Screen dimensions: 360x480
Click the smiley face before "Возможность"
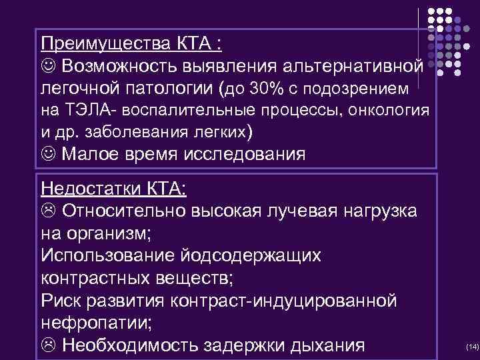tap(49, 67)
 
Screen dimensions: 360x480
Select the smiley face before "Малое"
tap(49, 154)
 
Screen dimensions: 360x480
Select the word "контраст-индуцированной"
tap(283, 301)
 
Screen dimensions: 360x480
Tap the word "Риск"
tap(61, 301)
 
